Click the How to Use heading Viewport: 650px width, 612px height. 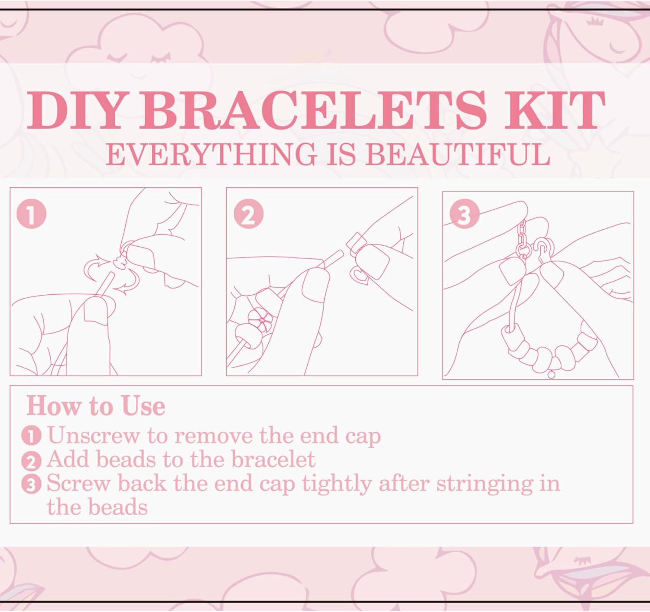point(96,407)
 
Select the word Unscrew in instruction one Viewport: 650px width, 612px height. point(93,436)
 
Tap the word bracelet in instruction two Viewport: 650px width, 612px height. point(273,459)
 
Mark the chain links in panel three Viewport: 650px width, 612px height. point(522,239)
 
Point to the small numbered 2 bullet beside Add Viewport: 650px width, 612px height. point(32,461)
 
